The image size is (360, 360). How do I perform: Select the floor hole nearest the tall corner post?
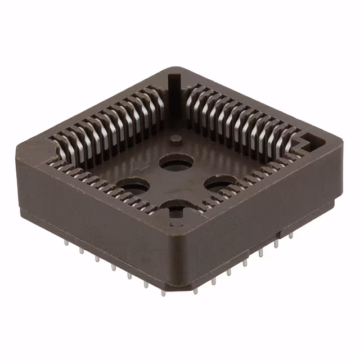(177, 163)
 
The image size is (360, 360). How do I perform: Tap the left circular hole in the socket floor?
(133, 186)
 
